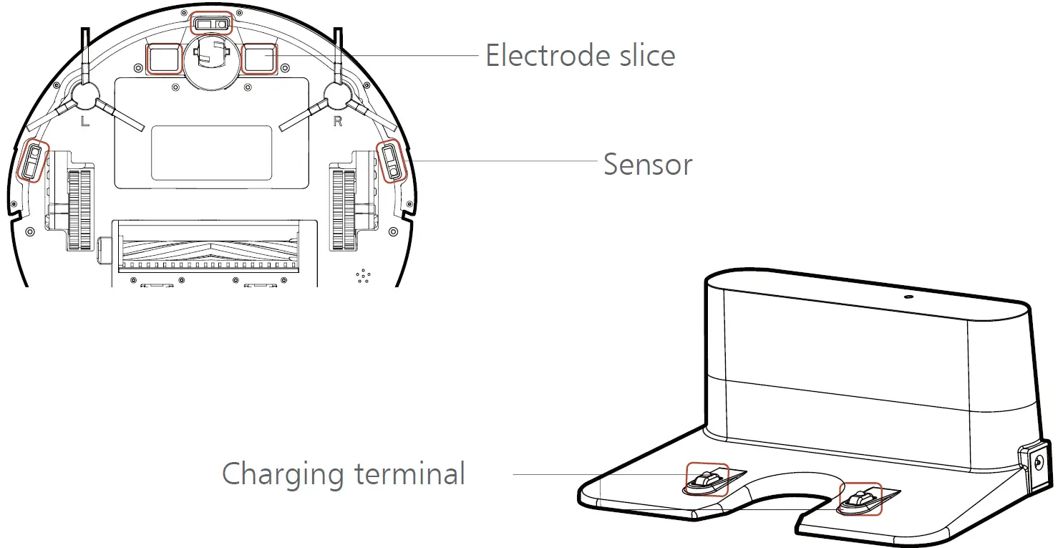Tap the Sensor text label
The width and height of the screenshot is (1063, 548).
point(648,164)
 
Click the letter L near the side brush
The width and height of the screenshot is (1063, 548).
point(85,122)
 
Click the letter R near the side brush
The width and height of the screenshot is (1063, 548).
point(338,122)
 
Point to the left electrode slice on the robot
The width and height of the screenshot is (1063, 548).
point(164,59)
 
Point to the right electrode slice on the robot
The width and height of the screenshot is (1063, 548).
point(258,59)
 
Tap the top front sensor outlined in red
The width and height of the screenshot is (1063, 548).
point(212,24)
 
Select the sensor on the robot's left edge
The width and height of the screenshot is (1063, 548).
point(33,161)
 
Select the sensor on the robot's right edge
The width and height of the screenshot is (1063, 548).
point(392,161)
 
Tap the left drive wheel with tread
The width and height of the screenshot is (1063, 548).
point(81,208)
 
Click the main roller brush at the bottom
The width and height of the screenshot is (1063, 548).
point(209,248)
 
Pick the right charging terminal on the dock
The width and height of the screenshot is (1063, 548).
point(859,498)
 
